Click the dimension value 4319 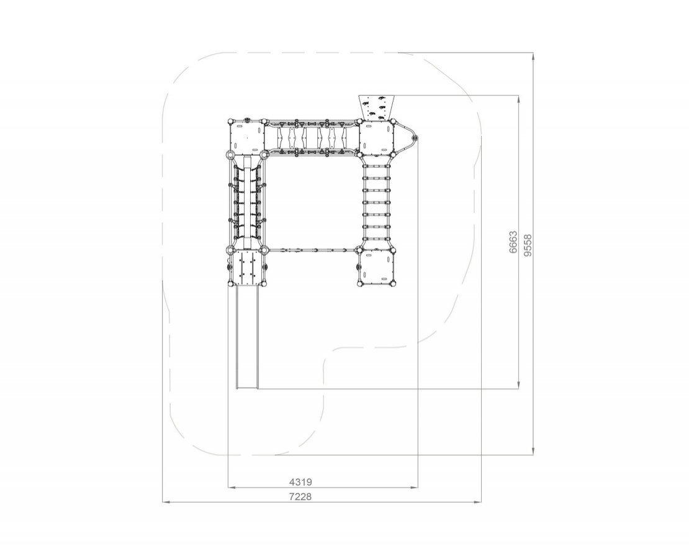(300, 482)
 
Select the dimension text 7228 (300, 497)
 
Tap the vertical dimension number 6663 (513, 242)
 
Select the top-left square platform (246, 138)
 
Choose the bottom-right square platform (377, 268)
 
